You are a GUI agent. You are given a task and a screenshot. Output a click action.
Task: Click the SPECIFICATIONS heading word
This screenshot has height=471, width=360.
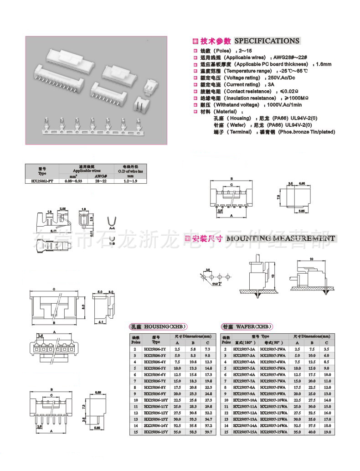(x=267, y=41)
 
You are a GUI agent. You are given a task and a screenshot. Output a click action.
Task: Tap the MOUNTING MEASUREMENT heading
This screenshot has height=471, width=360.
(x=280, y=238)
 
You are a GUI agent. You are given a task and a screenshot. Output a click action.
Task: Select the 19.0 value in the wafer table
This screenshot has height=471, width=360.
(x=326, y=431)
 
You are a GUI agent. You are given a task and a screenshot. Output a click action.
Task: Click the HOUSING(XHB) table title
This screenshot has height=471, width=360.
(x=157, y=326)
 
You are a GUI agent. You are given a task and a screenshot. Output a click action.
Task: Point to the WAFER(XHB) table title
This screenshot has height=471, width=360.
(x=247, y=326)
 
